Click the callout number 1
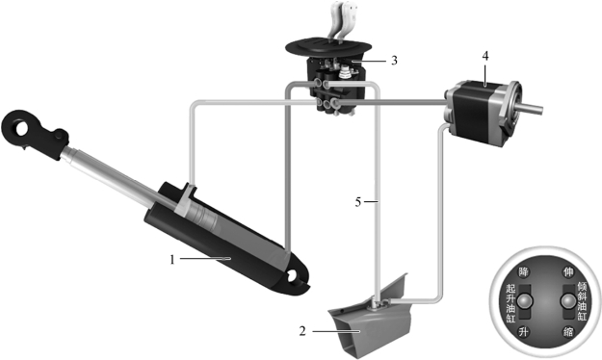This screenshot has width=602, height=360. coord(172,260)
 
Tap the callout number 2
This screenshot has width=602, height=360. coord(302,331)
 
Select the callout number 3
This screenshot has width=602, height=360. coord(394,61)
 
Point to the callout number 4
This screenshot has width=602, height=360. coord(485,56)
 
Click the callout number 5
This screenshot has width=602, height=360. coord(357,202)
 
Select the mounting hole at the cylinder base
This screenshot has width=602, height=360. coord(294,275)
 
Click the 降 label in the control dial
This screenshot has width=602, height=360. coord(523,272)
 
